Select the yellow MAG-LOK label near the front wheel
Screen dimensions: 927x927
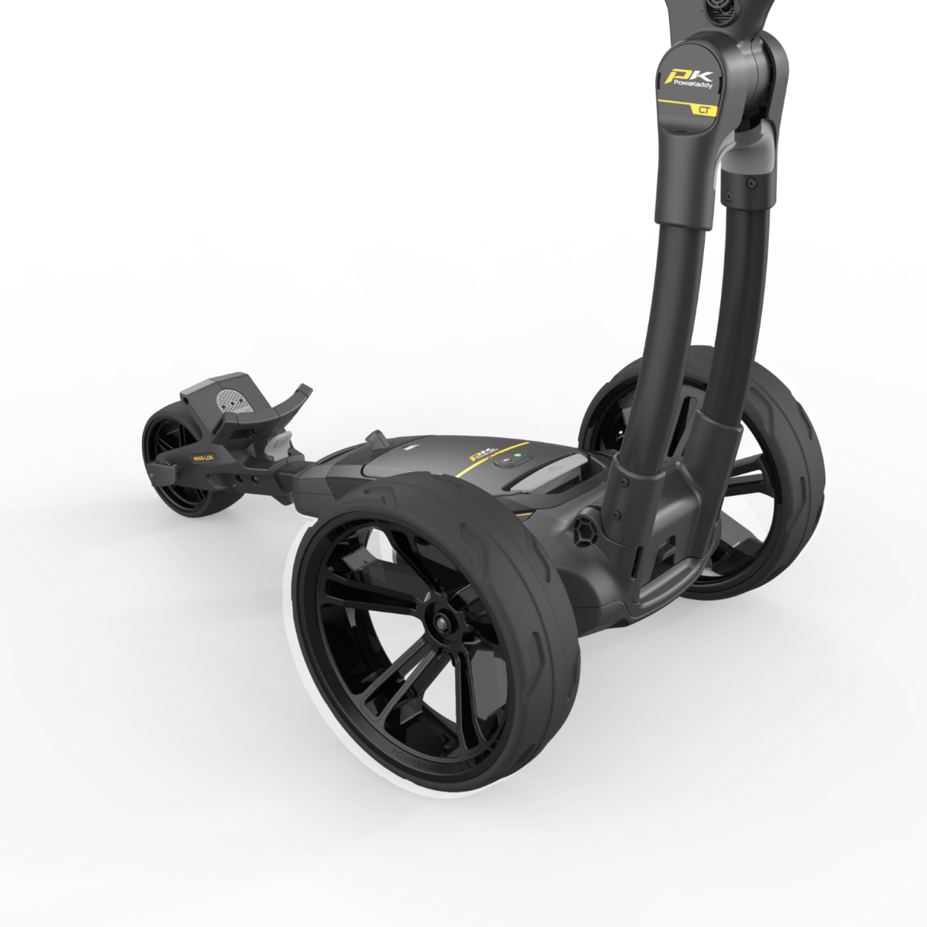[203, 459]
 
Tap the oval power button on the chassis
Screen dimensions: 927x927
[505, 462]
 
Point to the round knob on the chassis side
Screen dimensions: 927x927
[585, 529]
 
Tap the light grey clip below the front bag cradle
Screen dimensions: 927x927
[280, 444]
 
